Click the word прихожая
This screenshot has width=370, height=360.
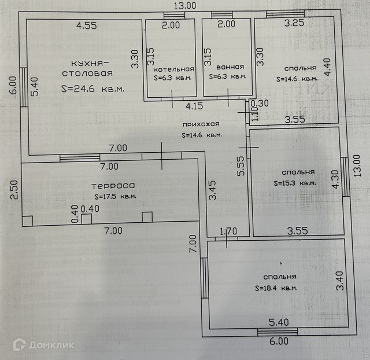click(x=200, y=124)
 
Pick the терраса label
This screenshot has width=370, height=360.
click(x=113, y=186)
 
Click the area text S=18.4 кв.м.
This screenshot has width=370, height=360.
click(x=276, y=288)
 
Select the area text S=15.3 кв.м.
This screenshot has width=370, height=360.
click(x=295, y=183)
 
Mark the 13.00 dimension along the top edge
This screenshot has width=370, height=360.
click(x=185, y=6)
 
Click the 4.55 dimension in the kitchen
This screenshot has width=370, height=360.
click(x=87, y=25)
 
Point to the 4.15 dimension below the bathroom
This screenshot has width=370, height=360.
click(x=194, y=106)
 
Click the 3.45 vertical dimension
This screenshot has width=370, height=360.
click(x=213, y=190)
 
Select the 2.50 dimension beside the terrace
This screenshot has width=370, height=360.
click(x=14, y=190)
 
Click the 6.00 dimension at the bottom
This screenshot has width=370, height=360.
click(x=279, y=341)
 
